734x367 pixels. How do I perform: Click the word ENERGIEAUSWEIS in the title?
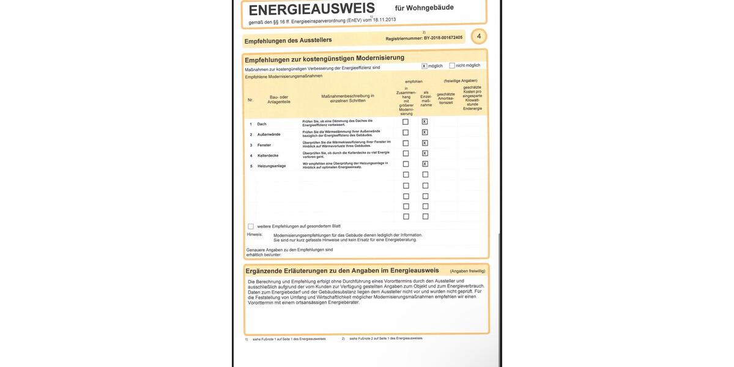click(x=311, y=10)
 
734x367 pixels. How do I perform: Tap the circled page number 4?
click(x=479, y=37)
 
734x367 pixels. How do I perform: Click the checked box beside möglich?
click(x=424, y=65)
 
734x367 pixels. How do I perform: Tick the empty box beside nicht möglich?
click(x=452, y=65)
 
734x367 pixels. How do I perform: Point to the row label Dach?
click(x=262, y=124)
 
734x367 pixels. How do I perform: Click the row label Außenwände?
click(x=269, y=135)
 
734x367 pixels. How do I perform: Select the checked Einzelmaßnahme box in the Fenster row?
click(x=425, y=143)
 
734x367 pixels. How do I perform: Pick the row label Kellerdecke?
click(x=268, y=155)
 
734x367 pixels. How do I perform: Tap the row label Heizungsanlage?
click(x=272, y=166)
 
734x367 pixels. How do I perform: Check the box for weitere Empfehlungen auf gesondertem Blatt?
click(x=251, y=226)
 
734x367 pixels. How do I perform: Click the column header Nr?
click(x=250, y=100)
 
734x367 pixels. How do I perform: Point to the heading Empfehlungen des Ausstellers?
click(x=287, y=40)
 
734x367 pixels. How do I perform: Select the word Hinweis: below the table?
click(x=254, y=234)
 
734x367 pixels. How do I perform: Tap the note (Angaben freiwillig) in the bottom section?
click(x=467, y=271)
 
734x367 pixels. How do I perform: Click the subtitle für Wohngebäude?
click(x=424, y=8)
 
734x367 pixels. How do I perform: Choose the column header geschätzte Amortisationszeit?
click(x=446, y=98)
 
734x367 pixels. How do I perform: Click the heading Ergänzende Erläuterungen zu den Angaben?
click(x=342, y=270)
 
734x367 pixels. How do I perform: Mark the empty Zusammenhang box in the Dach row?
click(x=406, y=122)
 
